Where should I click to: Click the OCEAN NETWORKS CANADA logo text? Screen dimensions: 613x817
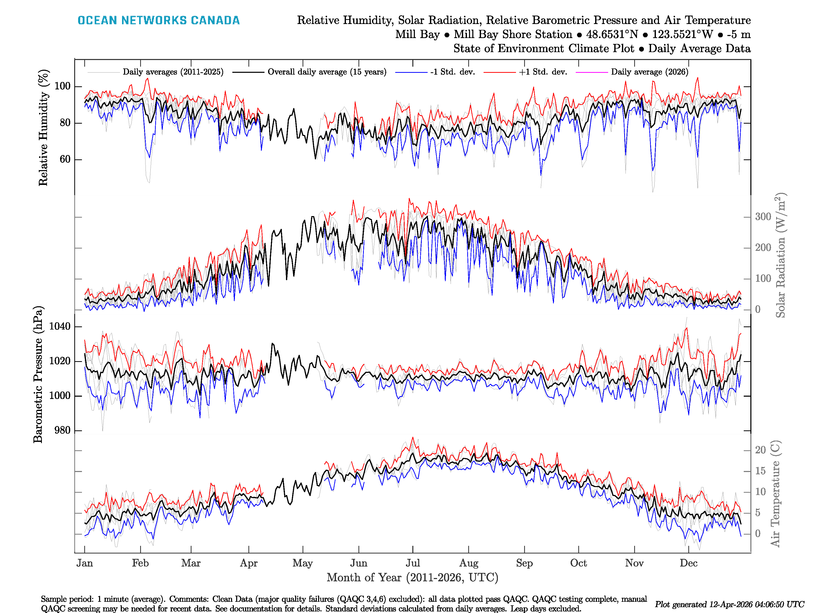(159, 20)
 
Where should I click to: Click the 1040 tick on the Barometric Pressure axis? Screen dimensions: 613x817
(60, 326)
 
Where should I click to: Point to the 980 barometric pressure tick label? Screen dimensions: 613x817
(62, 430)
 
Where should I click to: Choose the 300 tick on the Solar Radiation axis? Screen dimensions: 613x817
(763, 217)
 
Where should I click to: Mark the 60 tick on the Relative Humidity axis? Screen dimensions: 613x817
(65, 159)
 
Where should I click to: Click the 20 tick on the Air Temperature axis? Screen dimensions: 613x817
(761, 450)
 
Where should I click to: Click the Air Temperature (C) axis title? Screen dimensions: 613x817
(775, 493)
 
